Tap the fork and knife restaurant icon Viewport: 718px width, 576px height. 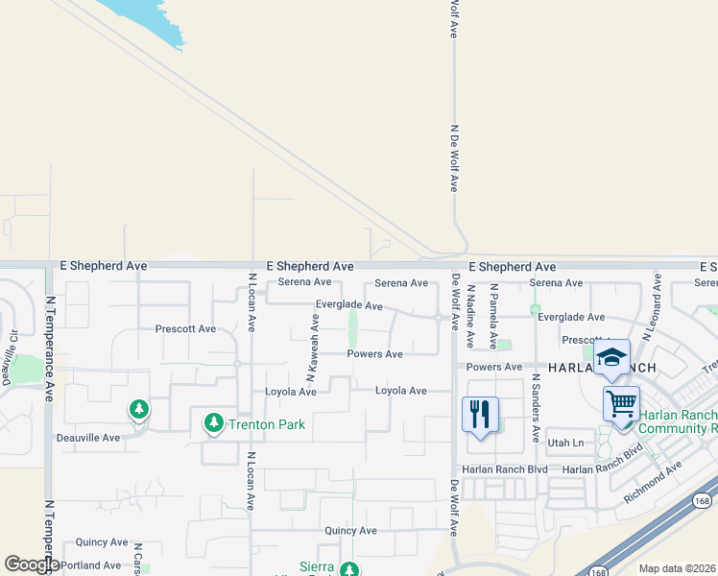480,415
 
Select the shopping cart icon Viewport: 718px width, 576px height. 621,403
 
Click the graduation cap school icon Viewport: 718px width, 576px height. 610,358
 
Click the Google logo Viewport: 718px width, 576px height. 32,564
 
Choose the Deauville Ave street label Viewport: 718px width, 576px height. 86,438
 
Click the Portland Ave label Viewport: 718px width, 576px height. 91,565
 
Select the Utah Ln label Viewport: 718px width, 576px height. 564,443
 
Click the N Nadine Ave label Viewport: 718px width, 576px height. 470,316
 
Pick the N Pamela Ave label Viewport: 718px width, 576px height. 493,316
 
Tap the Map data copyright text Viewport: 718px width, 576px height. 678,568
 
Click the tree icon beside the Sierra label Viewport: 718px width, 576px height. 348,568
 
